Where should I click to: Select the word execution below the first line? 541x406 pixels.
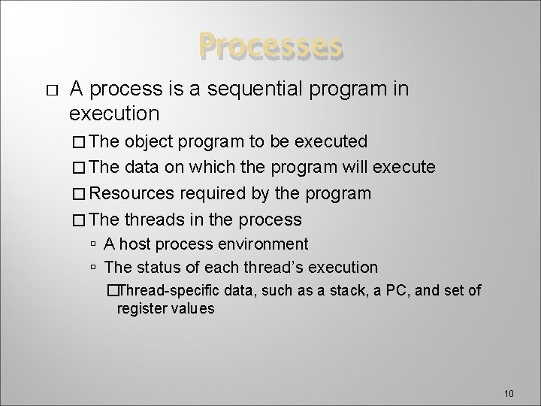tap(114, 114)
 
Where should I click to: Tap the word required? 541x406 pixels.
tap(212, 193)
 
